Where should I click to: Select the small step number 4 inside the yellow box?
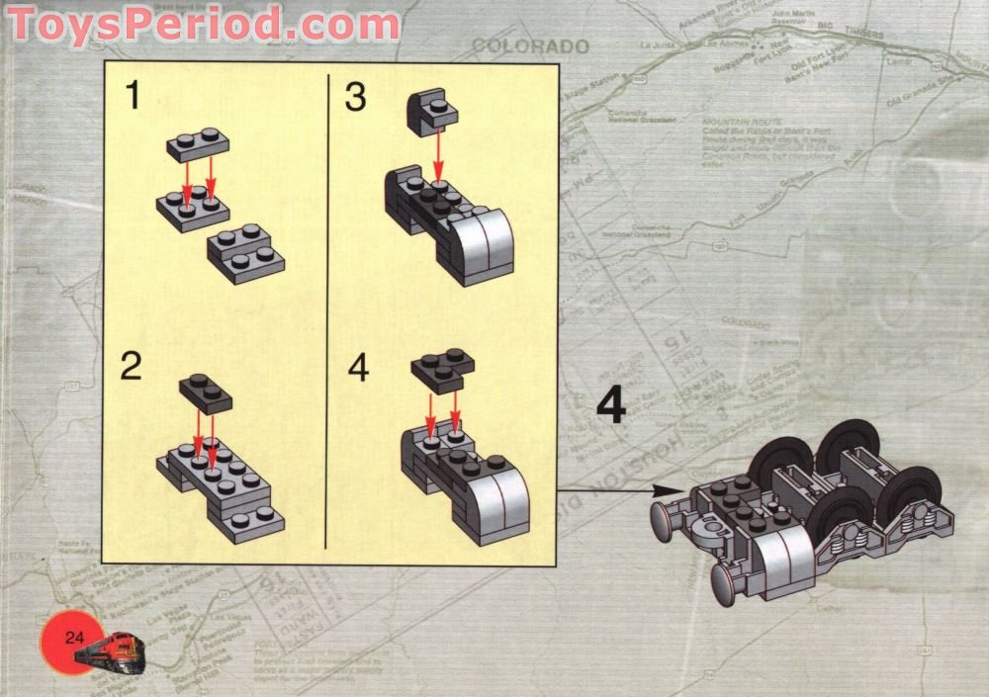358,367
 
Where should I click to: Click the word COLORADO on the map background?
530,46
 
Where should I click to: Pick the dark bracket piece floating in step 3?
432,108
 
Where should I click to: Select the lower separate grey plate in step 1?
245,254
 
